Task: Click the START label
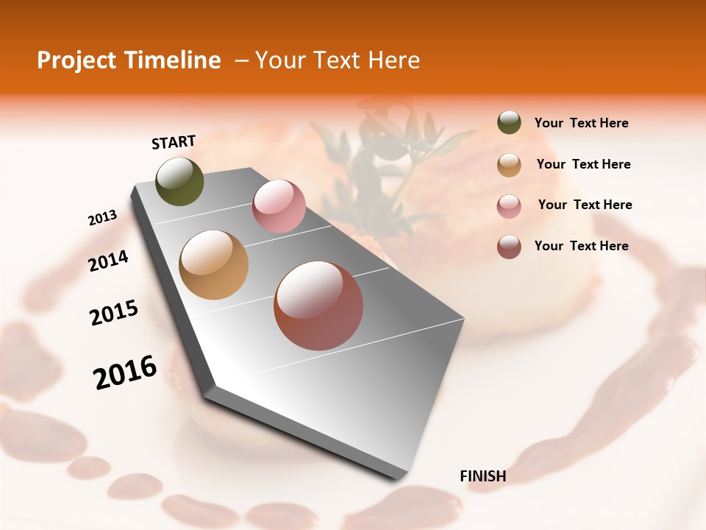point(174,142)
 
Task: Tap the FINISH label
point(482,476)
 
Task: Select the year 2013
point(103,218)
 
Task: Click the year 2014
point(109,261)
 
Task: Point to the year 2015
point(114,313)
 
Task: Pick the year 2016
point(125,372)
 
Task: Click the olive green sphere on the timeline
point(180,182)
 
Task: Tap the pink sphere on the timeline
point(279,206)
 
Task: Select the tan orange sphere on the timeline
point(214,265)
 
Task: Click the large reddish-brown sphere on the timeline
point(318,305)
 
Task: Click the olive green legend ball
point(509,123)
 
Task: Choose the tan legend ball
point(509,165)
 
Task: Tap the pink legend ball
point(509,206)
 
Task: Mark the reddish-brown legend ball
point(509,247)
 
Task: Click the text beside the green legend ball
point(581,124)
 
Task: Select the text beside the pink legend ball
point(585,205)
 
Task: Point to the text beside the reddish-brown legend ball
point(581,246)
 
